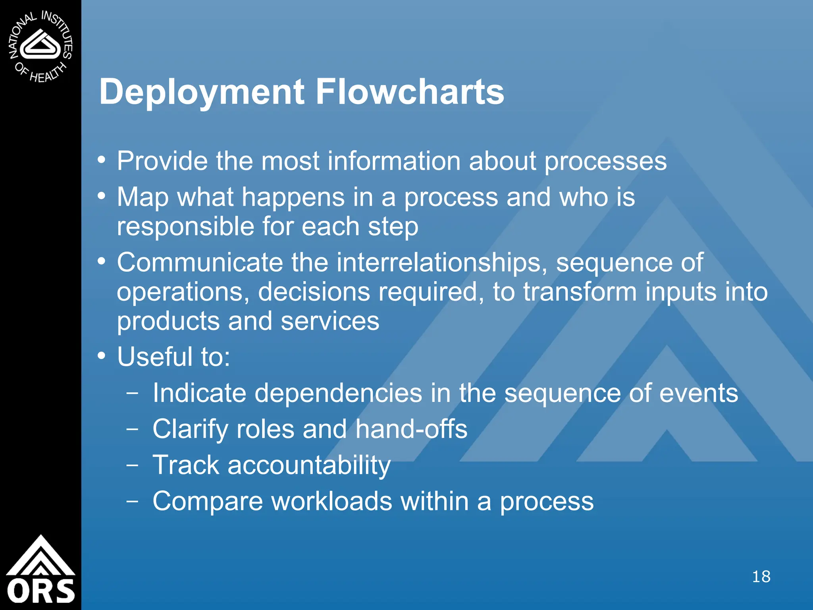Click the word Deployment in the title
pos(202,92)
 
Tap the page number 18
pos(761,577)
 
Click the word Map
pos(143,197)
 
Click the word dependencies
pos(338,393)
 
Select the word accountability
pos(309,465)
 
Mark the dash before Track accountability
pos(132,465)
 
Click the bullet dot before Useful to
pos(102,356)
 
